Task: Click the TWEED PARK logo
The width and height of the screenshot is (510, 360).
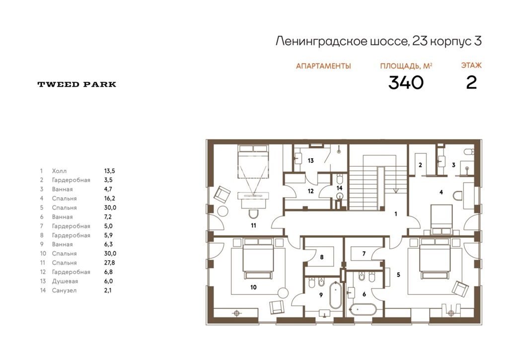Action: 77,84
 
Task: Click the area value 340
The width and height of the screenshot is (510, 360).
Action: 406,82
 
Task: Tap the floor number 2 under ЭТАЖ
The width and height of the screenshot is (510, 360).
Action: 471,82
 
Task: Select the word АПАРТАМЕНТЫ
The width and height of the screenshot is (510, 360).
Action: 323,66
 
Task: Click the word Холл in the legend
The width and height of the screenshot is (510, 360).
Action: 59,171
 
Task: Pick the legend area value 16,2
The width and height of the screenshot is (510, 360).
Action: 110,199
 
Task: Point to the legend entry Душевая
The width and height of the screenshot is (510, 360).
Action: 65,282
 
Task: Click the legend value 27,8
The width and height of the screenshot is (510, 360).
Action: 110,263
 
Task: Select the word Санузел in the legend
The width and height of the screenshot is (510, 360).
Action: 65,290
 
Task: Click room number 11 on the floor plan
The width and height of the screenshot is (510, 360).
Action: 253,225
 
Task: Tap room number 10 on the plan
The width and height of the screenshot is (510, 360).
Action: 253,287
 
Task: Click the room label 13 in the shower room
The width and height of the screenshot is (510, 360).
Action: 311,160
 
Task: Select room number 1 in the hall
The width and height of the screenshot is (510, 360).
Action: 396,214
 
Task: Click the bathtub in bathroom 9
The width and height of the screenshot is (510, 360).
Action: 335,295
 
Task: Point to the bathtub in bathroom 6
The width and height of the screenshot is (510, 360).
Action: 364,309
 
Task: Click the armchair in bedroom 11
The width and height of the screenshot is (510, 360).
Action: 222,194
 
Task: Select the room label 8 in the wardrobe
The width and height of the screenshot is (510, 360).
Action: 322,257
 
